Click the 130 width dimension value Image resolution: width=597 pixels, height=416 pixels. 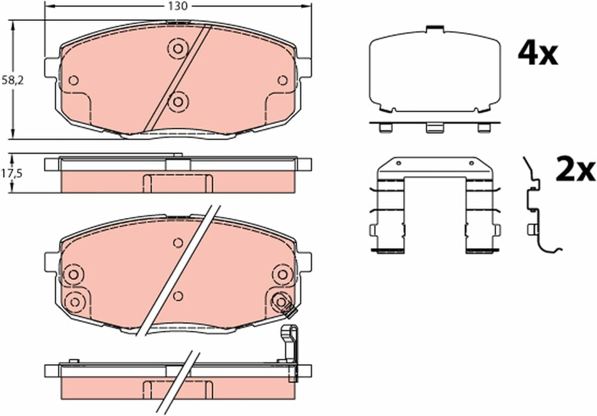(178, 7)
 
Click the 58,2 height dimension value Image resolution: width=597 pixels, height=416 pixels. (13, 81)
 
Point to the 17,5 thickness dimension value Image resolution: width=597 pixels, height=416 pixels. (12, 173)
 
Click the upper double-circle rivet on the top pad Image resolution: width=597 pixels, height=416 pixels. (178, 48)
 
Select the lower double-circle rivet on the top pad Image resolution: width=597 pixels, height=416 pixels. (178, 101)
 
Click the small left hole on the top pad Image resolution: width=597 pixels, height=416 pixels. (73, 81)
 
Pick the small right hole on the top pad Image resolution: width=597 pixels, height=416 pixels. (282, 81)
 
